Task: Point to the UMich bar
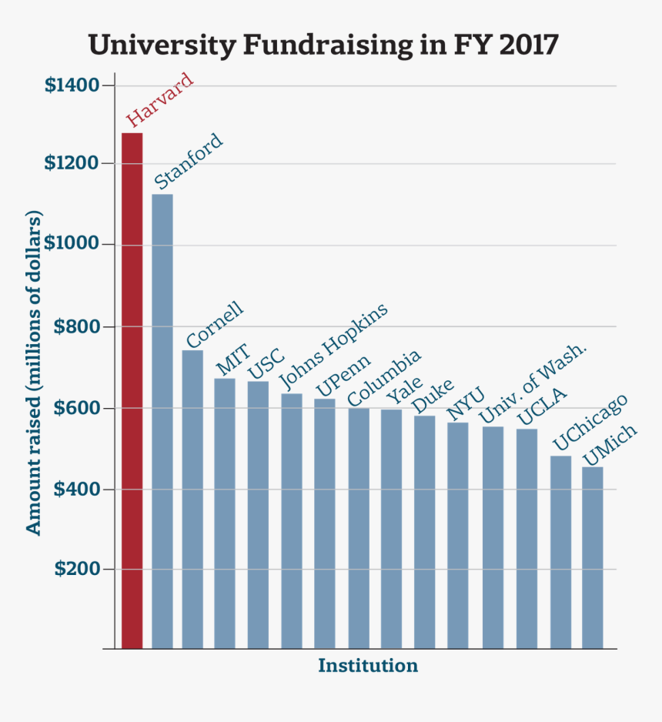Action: (592, 557)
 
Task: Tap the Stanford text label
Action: (189, 162)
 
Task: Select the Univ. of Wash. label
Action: (533, 384)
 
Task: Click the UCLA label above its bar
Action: (542, 407)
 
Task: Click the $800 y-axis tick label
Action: (76, 326)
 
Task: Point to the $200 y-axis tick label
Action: (76, 570)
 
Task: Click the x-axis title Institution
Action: (368, 666)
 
